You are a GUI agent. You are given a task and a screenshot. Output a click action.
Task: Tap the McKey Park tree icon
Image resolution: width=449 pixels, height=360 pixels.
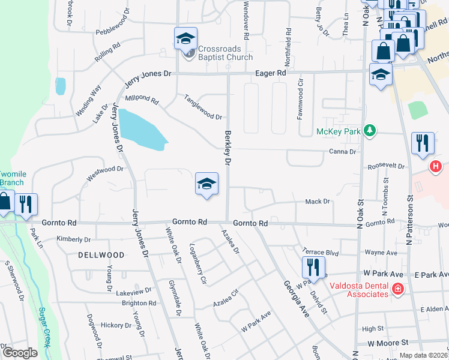pos(370,130)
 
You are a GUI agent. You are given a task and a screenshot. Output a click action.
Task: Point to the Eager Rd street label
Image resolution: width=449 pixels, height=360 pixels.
pos(272,73)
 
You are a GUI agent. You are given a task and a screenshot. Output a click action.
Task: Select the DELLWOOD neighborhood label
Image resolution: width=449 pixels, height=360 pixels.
pos(101,255)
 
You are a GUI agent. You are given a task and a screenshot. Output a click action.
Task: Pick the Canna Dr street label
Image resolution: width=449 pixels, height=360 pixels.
pos(343,152)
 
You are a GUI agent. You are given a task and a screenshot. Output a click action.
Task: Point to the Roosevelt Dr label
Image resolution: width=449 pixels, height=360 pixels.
pos(386,165)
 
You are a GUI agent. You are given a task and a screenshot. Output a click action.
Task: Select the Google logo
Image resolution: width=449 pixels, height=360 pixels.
pos(20,353)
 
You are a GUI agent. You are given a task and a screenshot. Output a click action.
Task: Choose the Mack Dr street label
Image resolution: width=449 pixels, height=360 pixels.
pos(318,202)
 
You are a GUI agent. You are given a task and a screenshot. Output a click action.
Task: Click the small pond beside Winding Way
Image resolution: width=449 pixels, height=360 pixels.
pos(61,86)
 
